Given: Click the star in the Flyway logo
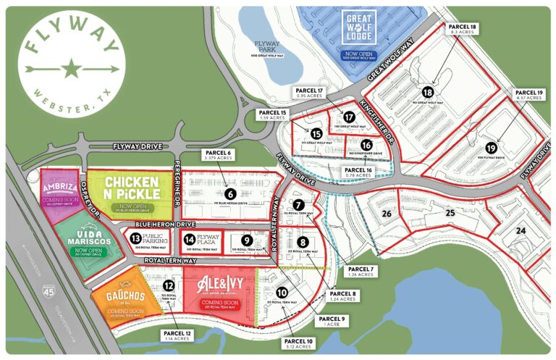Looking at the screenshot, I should pos(71,70).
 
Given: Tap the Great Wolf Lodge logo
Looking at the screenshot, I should pos(363,28).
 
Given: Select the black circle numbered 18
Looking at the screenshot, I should pos(428,93).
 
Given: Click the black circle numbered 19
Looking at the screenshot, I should pos(492,148).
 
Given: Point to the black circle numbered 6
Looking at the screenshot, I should pos(230,193).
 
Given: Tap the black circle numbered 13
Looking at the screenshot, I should pos(135,237).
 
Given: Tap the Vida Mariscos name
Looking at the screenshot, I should pos(81,238).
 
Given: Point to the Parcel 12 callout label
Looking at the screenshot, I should pos(173,335).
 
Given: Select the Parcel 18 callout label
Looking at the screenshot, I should pos(463,30).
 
